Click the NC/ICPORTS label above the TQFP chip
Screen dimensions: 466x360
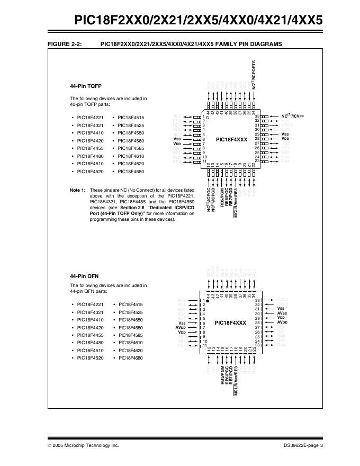point(254,74)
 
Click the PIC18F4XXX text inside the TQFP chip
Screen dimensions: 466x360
point(231,139)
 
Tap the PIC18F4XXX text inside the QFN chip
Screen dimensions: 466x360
point(231,322)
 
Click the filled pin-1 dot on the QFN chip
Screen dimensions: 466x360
point(208,300)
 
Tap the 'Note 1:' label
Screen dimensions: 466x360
point(77,190)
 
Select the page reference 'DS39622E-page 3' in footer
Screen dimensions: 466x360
point(303,445)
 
